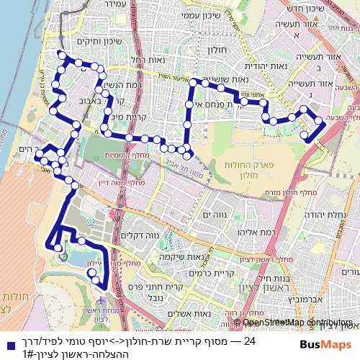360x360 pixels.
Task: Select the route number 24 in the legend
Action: (251, 341)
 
